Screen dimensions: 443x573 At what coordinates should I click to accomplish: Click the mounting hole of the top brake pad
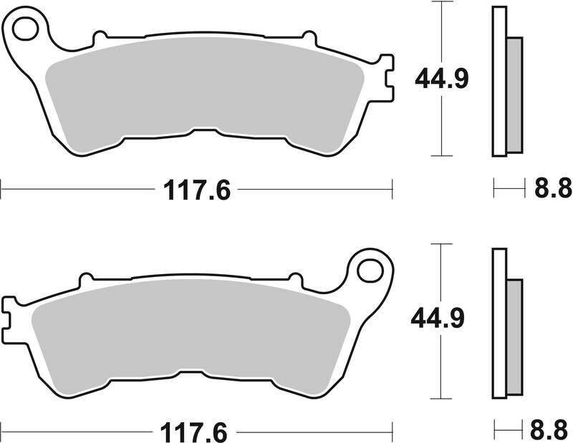pyautogui.click(x=25, y=29)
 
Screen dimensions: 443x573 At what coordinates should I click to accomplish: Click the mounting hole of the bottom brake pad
pyautogui.click(x=370, y=271)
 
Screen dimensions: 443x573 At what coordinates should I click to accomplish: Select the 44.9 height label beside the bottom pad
pyautogui.click(x=438, y=318)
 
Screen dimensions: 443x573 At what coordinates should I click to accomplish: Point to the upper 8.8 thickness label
pyautogui.click(x=553, y=189)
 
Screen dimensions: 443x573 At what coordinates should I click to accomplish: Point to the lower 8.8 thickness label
pyautogui.click(x=553, y=432)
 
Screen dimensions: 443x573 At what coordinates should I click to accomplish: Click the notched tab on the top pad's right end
pyautogui.click(x=385, y=77)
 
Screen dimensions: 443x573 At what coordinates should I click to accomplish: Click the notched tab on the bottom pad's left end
pyautogui.click(x=10, y=318)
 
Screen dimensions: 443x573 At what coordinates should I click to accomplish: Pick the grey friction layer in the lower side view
pyautogui.click(x=514, y=337)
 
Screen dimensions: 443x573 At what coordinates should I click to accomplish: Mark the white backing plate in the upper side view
pyautogui.click(x=499, y=80)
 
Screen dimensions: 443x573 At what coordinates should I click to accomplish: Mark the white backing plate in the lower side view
pyautogui.click(x=499, y=322)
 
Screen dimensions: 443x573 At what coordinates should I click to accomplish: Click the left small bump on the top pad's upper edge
pyautogui.click(x=100, y=35)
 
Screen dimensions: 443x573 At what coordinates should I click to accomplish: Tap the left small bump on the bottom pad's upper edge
pyautogui.click(x=86, y=277)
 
